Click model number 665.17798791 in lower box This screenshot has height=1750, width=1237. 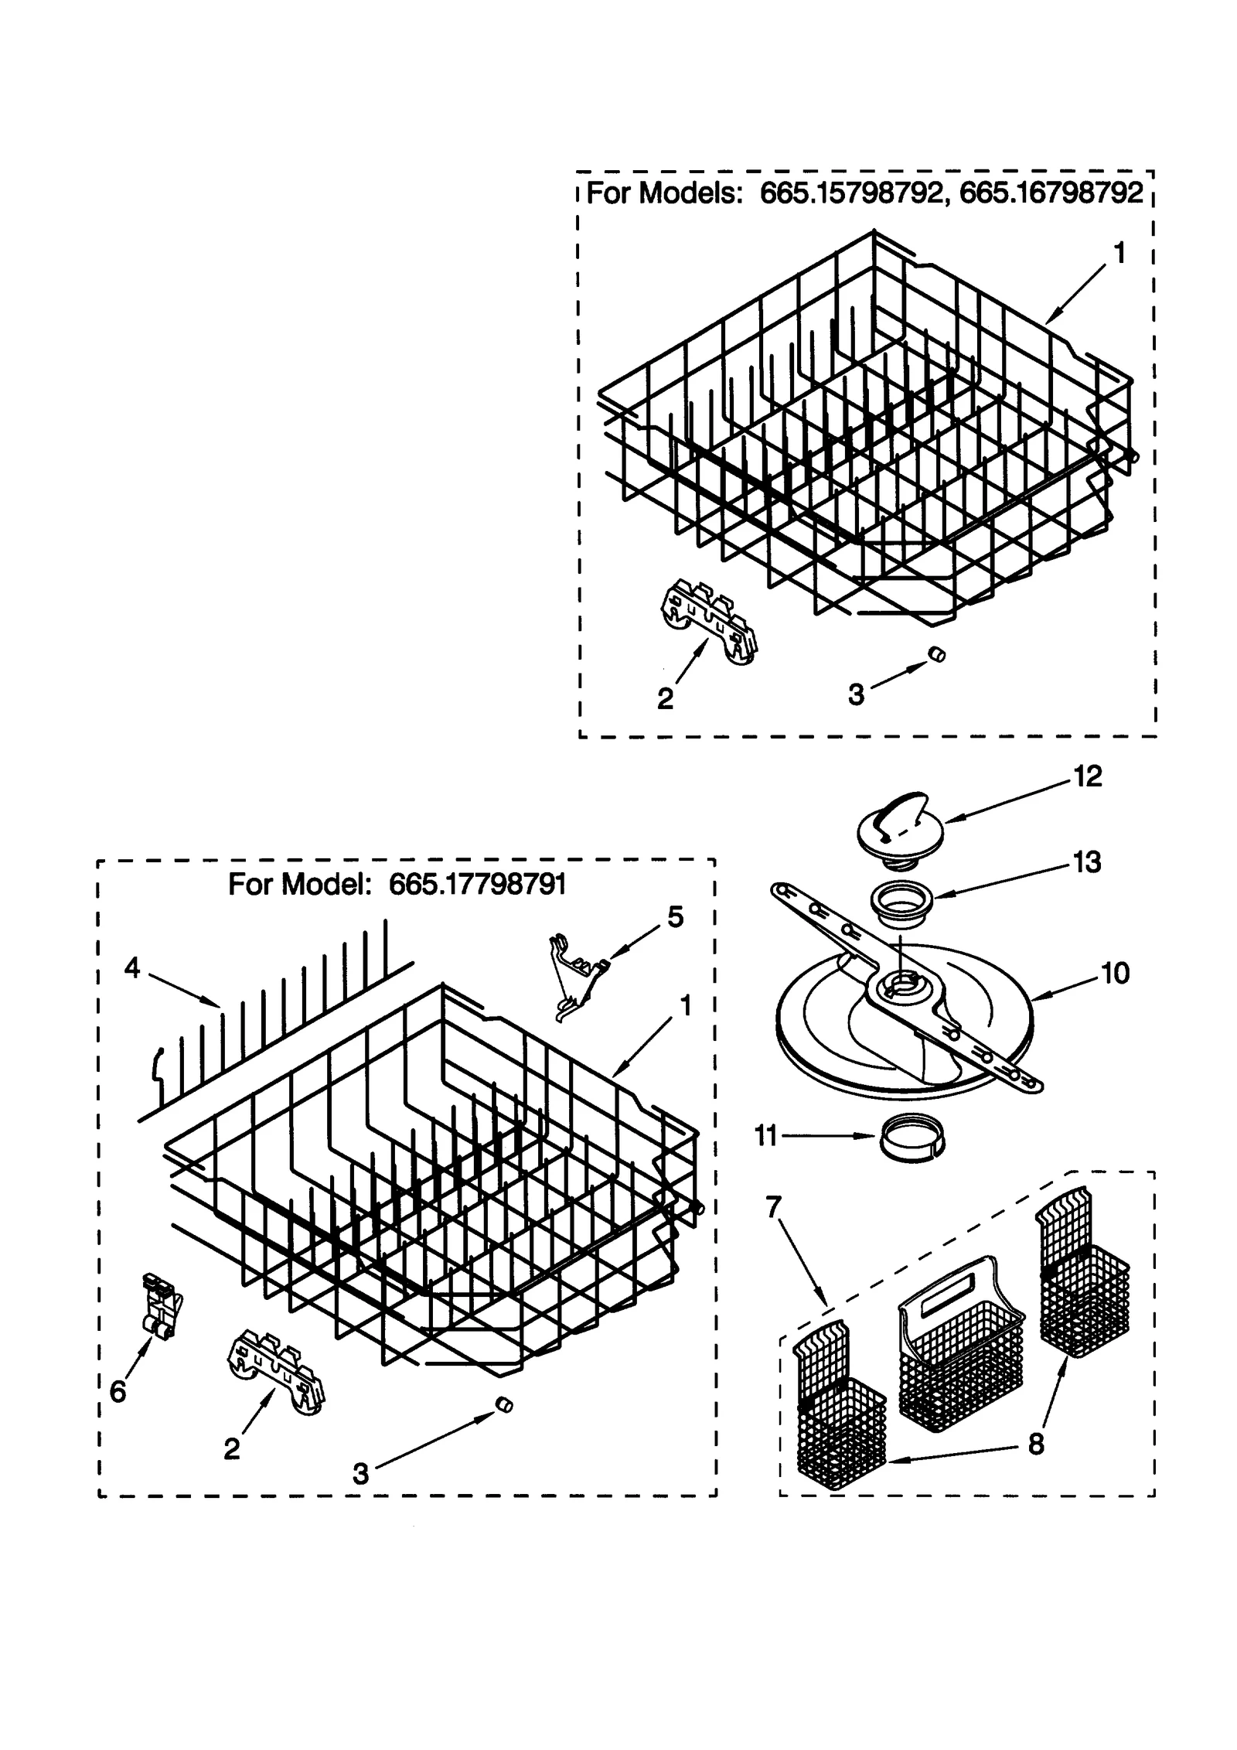tap(477, 884)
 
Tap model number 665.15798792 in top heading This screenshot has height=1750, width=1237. tap(851, 193)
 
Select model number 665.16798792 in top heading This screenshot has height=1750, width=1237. tap(1050, 193)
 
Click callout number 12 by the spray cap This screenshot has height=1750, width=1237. tap(1087, 777)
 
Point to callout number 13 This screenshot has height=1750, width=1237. tap(1087, 861)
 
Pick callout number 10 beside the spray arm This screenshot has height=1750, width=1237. tap(1115, 974)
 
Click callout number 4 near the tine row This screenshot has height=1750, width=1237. tap(132, 967)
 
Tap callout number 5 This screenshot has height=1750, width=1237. tap(675, 917)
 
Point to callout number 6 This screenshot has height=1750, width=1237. tap(118, 1392)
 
